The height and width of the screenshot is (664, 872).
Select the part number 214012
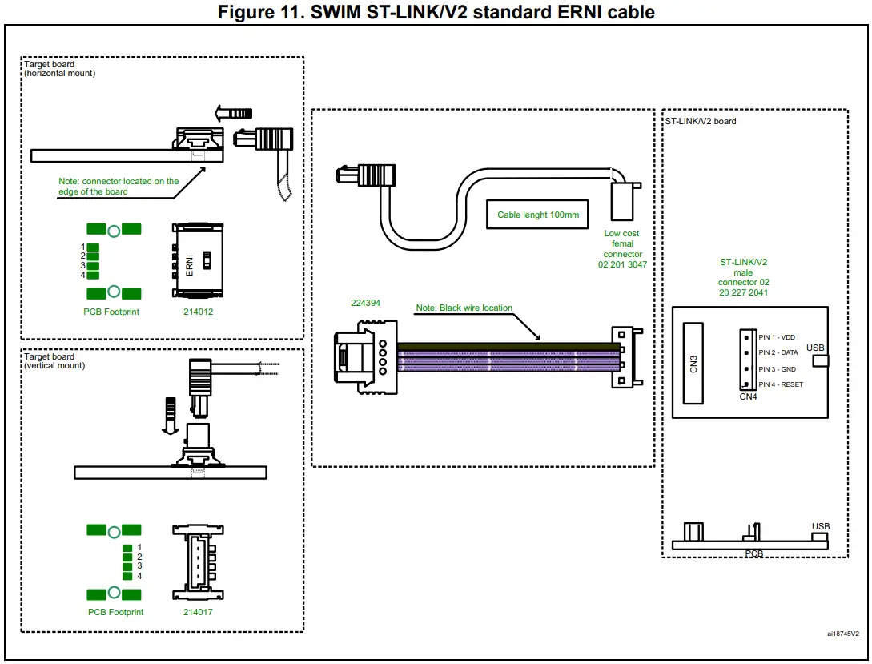[198, 312]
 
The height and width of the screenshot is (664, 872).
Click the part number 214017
[198, 612]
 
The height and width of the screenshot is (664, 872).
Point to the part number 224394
[366, 304]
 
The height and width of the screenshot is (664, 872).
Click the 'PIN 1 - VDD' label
[776, 337]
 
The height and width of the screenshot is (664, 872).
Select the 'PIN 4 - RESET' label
[780, 384]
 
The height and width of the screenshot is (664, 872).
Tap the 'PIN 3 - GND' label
[776, 368]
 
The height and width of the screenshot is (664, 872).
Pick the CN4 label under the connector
[748, 396]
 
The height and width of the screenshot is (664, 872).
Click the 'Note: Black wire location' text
[464, 308]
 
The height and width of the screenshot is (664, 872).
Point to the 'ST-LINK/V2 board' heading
[701, 121]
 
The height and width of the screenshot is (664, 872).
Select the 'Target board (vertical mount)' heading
[54, 361]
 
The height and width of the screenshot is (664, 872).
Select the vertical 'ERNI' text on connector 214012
[190, 265]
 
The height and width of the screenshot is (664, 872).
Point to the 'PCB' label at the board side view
[753, 553]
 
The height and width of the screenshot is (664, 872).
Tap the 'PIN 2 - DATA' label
[778, 352]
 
